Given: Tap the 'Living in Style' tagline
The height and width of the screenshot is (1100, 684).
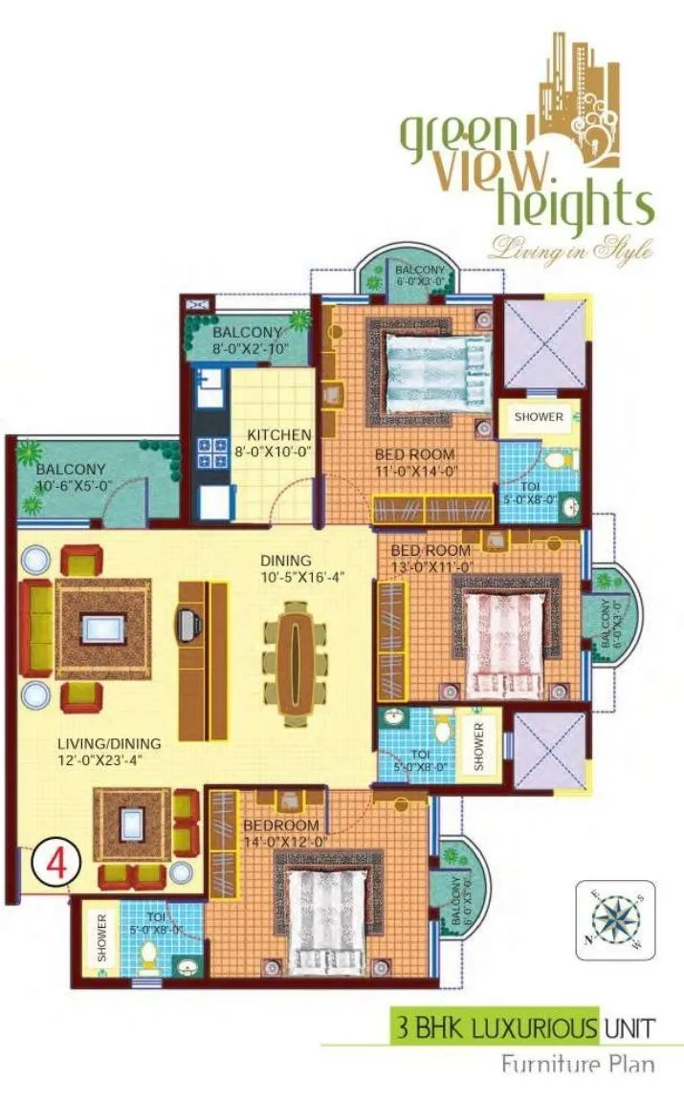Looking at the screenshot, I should pyautogui.click(x=571, y=250).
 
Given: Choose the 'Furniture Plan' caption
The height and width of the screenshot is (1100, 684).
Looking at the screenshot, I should pyautogui.click(x=579, y=1064).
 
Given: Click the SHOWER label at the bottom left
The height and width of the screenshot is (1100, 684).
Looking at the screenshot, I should pyautogui.click(x=102, y=938).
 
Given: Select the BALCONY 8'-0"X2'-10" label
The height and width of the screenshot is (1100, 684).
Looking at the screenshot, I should pyautogui.click(x=248, y=341).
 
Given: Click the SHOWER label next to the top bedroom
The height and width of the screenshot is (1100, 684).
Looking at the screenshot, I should pyautogui.click(x=540, y=417).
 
